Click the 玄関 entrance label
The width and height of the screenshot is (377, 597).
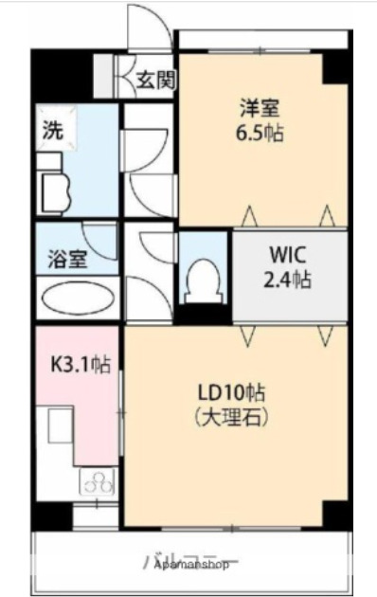coord(154,80)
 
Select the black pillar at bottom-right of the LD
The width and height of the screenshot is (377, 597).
coord(333,515)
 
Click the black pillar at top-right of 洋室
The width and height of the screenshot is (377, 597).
coord(334,66)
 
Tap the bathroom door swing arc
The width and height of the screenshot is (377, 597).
coord(100,237)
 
